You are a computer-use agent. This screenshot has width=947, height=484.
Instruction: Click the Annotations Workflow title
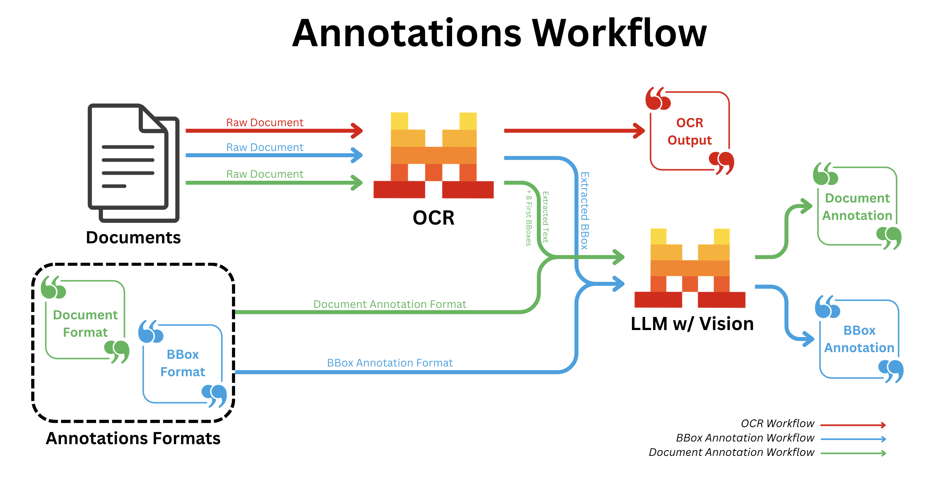coord(499,33)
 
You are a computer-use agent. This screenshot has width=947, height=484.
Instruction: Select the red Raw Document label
coord(265,123)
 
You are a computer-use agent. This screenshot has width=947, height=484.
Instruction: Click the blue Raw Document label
coord(265,147)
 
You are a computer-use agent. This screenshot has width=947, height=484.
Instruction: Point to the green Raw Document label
coord(265,174)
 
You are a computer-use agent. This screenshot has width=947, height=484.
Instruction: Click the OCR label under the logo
coord(433,218)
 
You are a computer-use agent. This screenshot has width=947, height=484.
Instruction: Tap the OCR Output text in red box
coord(690,131)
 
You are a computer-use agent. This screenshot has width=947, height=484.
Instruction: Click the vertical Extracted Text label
coord(545,217)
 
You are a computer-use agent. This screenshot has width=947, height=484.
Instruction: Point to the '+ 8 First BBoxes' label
coord(529,218)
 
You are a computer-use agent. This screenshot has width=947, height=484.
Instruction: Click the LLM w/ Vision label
coord(692,324)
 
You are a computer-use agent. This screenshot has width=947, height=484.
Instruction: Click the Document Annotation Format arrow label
coord(390,304)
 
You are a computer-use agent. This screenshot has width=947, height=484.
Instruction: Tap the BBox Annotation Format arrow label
coord(390,363)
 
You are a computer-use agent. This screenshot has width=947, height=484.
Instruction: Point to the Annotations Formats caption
coord(133,438)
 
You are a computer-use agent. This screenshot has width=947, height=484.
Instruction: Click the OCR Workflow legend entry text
coord(778,423)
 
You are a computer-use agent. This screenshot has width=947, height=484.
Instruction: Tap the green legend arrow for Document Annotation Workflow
coord(853,453)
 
